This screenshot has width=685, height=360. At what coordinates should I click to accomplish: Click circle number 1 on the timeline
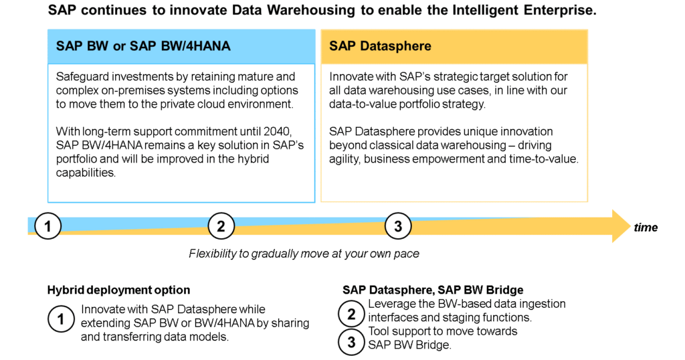point(47,226)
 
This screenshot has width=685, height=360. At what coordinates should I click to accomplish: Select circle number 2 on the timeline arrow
point(221,226)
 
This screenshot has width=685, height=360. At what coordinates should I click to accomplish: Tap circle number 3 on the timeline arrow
point(398,226)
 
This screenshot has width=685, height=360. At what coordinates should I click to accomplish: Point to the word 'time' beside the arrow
point(646,228)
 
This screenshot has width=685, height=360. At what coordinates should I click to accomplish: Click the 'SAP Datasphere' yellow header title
point(380,46)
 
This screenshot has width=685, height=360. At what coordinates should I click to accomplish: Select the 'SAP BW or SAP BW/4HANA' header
point(143,46)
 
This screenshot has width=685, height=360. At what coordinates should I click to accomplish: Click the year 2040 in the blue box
point(277,132)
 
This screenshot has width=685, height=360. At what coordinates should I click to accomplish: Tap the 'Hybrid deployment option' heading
point(118,290)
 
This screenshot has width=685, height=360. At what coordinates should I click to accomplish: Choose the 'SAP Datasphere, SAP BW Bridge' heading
point(433,290)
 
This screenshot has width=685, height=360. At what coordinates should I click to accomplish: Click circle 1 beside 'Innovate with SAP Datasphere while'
point(61,319)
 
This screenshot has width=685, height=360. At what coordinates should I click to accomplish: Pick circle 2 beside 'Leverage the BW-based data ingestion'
point(351,314)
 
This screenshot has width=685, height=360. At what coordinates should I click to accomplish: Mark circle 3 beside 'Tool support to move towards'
point(351,342)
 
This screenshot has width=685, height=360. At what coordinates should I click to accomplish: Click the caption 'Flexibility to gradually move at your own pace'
point(304,254)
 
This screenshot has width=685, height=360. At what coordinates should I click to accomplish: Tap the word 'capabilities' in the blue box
point(85,173)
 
